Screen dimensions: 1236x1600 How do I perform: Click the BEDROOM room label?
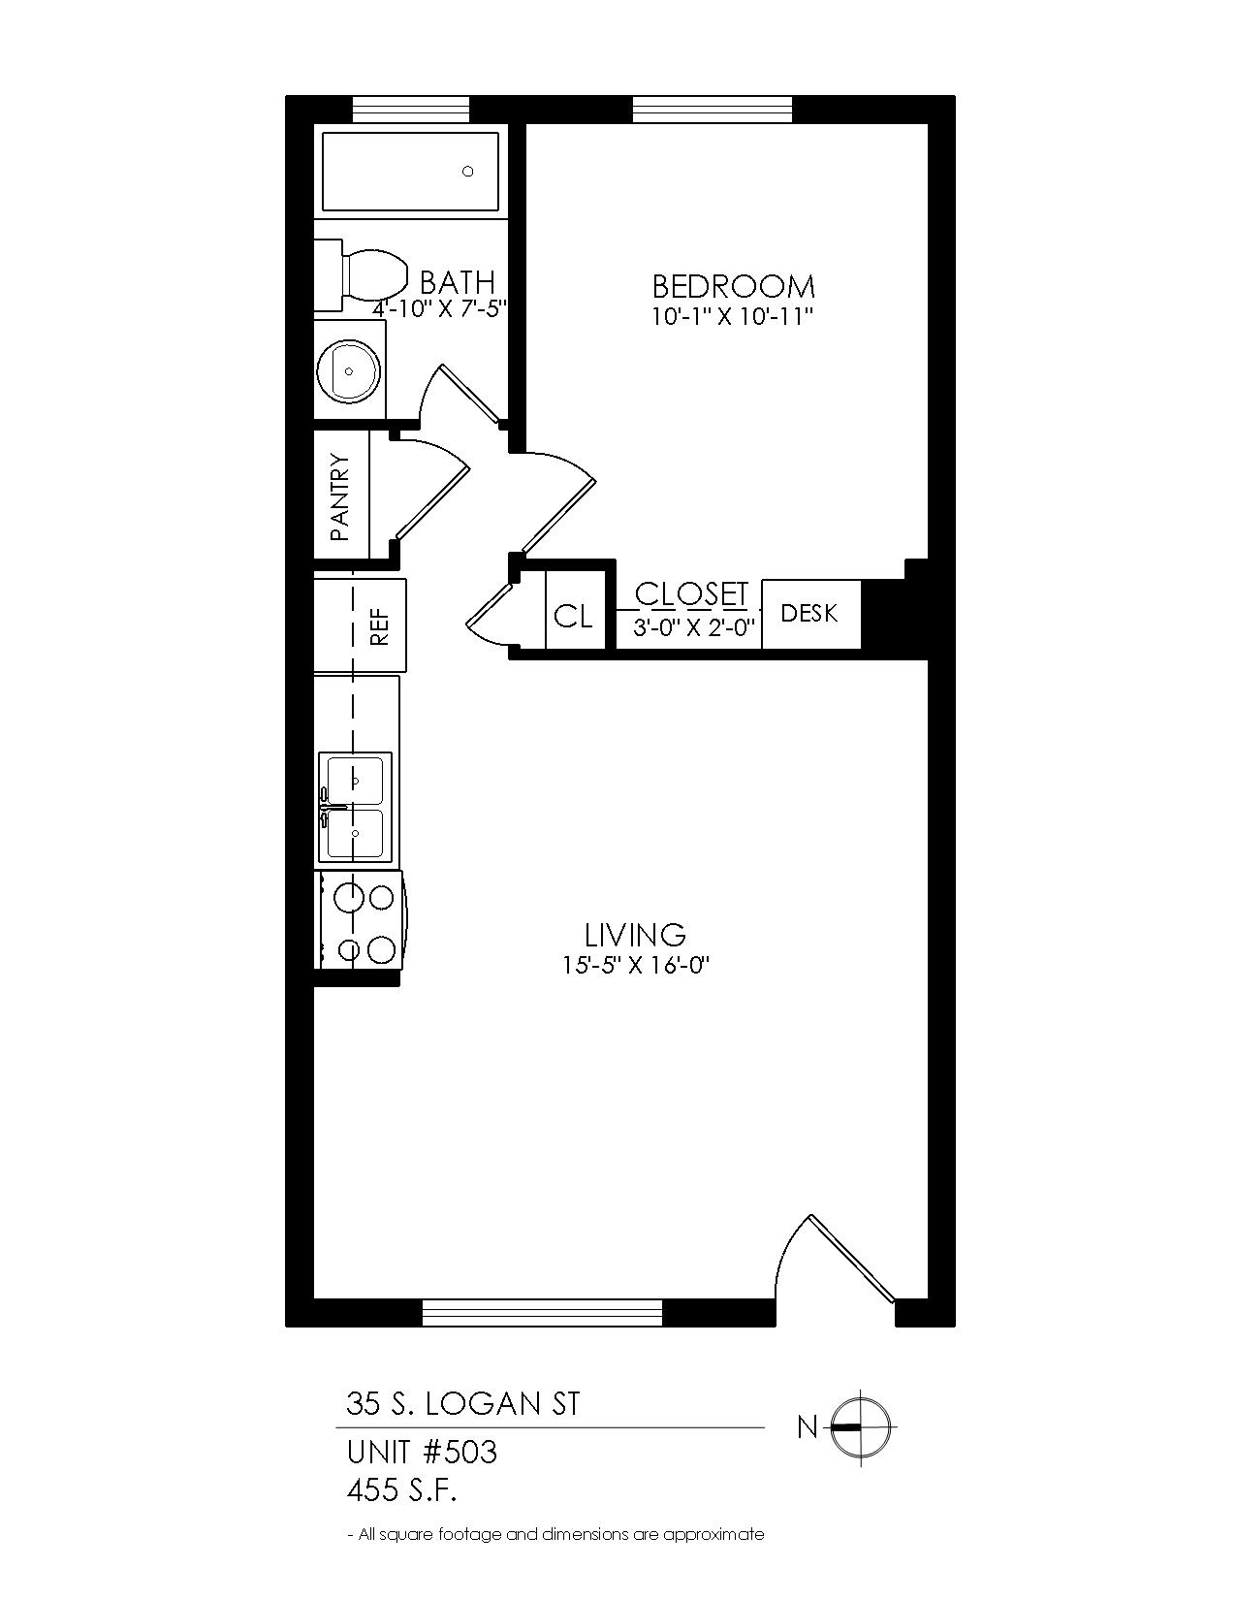(733, 286)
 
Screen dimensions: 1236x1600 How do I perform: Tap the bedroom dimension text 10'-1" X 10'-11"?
(733, 317)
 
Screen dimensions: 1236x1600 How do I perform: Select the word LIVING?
(635, 935)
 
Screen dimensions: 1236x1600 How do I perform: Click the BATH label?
(458, 282)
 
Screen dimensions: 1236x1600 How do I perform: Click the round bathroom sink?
(349, 370)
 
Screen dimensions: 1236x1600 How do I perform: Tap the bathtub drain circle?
(467, 172)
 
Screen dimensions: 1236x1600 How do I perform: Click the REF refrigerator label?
(379, 625)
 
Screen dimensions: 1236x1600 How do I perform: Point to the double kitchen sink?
(355, 806)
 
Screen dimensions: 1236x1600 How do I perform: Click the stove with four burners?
(360, 920)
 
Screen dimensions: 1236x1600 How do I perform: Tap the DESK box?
(810, 614)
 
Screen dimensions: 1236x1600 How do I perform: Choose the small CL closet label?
(573, 616)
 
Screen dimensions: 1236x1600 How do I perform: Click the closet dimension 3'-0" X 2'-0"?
(693, 629)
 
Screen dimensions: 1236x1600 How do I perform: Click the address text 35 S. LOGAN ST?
(463, 1403)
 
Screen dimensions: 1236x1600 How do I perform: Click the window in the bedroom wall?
(713, 110)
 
